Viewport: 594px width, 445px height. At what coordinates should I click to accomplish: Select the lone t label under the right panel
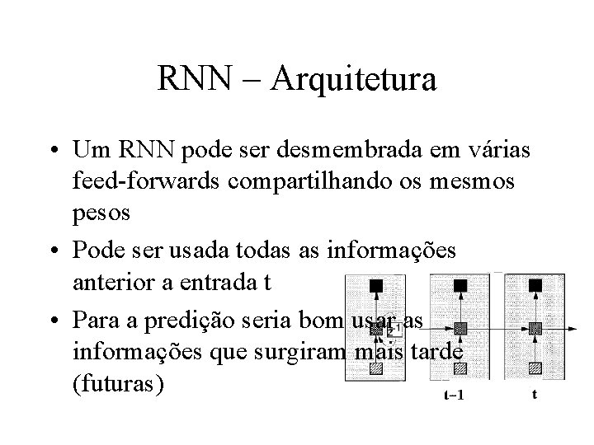pyautogui.click(x=535, y=395)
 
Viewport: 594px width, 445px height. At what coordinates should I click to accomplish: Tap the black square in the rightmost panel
pyautogui.click(x=535, y=286)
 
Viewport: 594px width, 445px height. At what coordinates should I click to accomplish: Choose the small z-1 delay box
pyautogui.click(x=393, y=330)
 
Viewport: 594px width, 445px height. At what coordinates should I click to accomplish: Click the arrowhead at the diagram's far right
pyautogui.click(x=573, y=329)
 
